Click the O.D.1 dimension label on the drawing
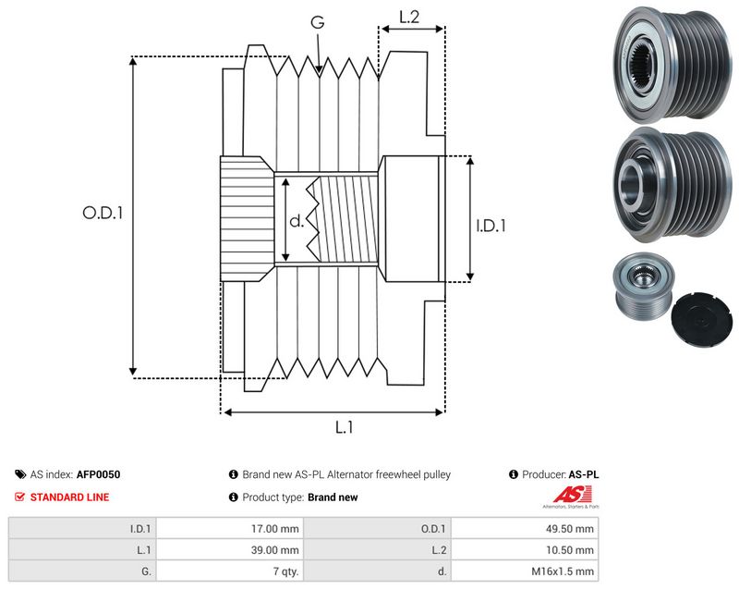(x=103, y=214)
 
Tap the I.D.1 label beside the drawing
(x=491, y=226)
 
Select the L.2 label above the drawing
(x=409, y=17)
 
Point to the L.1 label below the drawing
(x=344, y=427)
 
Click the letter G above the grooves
(x=318, y=21)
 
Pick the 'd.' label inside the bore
(x=297, y=221)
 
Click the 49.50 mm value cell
(x=570, y=529)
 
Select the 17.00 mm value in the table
(x=274, y=529)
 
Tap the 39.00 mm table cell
(x=274, y=550)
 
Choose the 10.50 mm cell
(x=570, y=550)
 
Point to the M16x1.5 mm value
(x=563, y=571)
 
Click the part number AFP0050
(x=98, y=474)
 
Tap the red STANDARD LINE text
(x=70, y=497)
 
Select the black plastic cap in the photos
(x=702, y=319)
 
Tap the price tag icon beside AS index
(x=20, y=474)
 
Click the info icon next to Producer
(x=514, y=474)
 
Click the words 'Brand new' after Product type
(x=333, y=497)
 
